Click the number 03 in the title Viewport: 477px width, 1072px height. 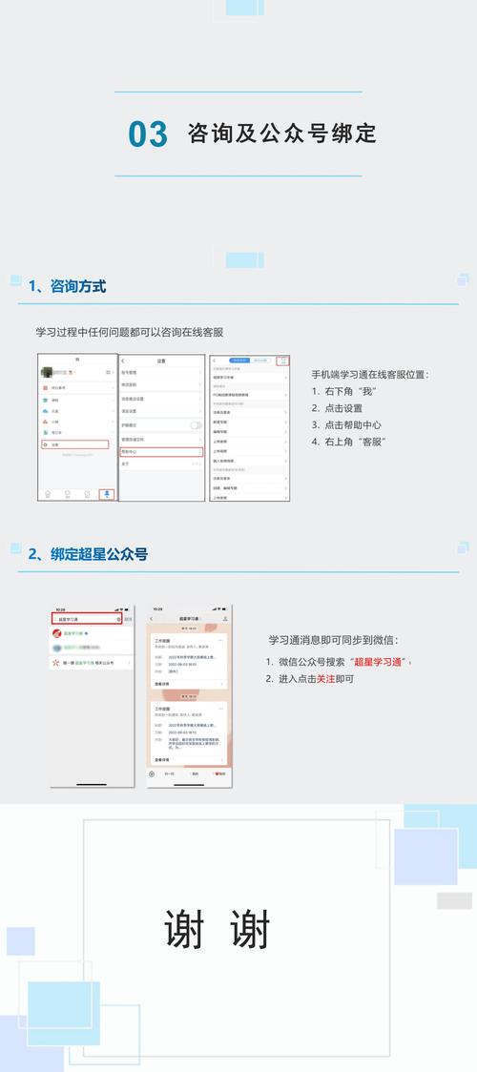point(148,134)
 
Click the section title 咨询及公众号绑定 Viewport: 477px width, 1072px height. point(281,134)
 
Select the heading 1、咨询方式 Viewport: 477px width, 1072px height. point(67,286)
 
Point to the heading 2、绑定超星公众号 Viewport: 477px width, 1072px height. point(88,554)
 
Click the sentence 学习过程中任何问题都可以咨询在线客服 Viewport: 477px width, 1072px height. point(129,332)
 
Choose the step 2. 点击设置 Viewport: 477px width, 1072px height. point(337,407)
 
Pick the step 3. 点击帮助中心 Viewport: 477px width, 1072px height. point(346,424)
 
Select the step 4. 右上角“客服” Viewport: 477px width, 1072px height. point(348,442)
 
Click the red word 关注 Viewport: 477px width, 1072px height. point(325,679)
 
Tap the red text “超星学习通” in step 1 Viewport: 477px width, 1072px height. point(379,662)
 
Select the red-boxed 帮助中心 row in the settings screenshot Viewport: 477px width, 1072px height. point(161,424)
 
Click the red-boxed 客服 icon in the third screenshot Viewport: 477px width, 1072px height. point(282,361)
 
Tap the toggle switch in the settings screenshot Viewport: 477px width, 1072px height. point(196,398)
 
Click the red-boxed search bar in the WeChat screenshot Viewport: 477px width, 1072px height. point(87,619)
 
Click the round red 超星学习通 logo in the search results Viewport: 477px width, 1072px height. point(57,633)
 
